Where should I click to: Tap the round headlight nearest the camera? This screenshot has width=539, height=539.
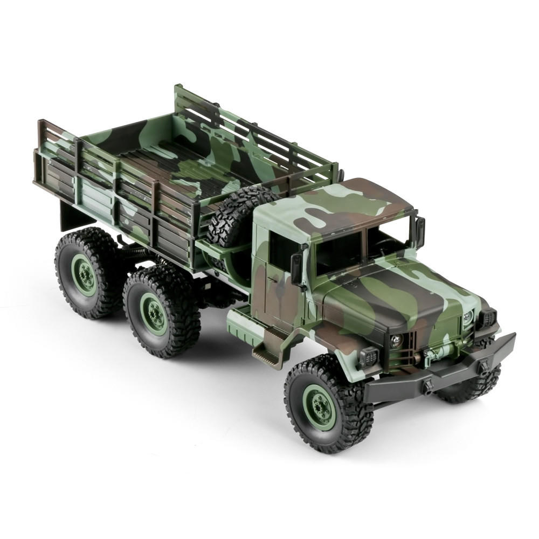tap(396, 340)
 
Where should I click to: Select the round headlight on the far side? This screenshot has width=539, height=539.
tap(467, 318)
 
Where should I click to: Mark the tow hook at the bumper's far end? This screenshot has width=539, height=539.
tap(483, 367)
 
